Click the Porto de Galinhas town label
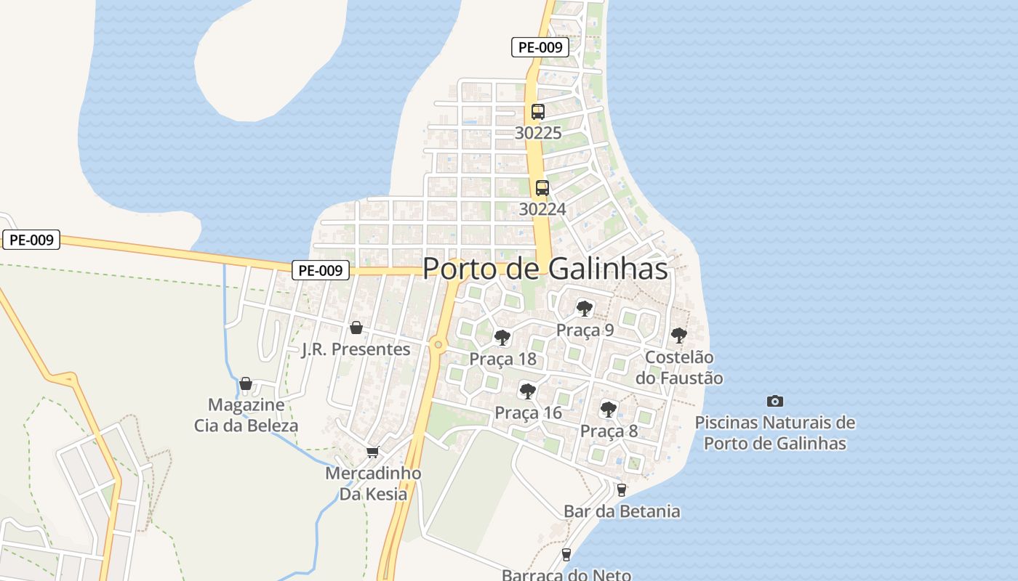[545, 269]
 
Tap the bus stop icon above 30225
[538, 112]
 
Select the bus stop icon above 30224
[542, 188]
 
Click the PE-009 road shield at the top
[540, 48]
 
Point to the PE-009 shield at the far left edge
[31, 240]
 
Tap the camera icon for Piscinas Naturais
[775, 401]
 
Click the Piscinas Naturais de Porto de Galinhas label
[775, 433]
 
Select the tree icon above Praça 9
[585, 309]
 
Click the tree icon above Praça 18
[502, 337]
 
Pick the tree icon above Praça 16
[528, 391]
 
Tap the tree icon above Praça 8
[609, 410]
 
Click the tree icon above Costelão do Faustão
[679, 336]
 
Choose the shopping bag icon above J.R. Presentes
[356, 328]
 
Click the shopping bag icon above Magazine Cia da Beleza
[246, 383]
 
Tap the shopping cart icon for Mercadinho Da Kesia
[373, 452]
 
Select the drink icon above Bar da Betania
[621, 490]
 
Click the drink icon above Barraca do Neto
[566, 555]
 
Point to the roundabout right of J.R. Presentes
[438, 346]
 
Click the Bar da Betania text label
[622, 511]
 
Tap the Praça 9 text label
[585, 330]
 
